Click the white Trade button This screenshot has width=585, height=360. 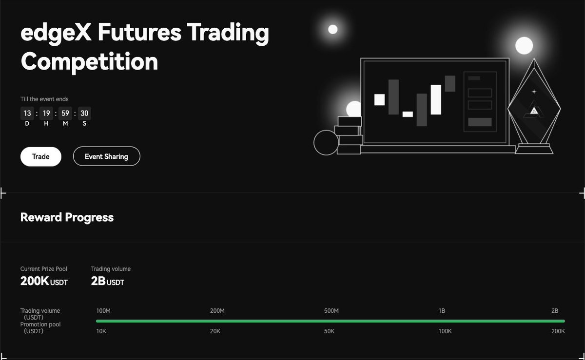41,156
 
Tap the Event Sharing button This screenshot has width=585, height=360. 106,156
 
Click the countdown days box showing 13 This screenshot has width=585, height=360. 27,114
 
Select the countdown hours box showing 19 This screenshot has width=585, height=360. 46,114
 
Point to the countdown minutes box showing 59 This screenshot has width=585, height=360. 65,114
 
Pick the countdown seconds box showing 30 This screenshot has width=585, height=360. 84,114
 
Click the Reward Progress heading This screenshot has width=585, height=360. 67,217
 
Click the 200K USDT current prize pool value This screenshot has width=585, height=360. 44,281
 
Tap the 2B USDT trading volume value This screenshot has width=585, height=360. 107,281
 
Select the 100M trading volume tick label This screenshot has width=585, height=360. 104,311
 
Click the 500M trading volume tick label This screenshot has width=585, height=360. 331,311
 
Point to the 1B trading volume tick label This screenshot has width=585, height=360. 442,311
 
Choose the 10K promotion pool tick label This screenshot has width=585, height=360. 101,331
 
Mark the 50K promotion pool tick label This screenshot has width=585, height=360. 329,331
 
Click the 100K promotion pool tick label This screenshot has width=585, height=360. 445,331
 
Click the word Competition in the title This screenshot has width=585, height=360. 89,62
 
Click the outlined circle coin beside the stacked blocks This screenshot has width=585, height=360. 326,142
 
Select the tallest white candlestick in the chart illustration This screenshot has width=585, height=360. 436,99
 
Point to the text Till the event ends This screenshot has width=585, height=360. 44,99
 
